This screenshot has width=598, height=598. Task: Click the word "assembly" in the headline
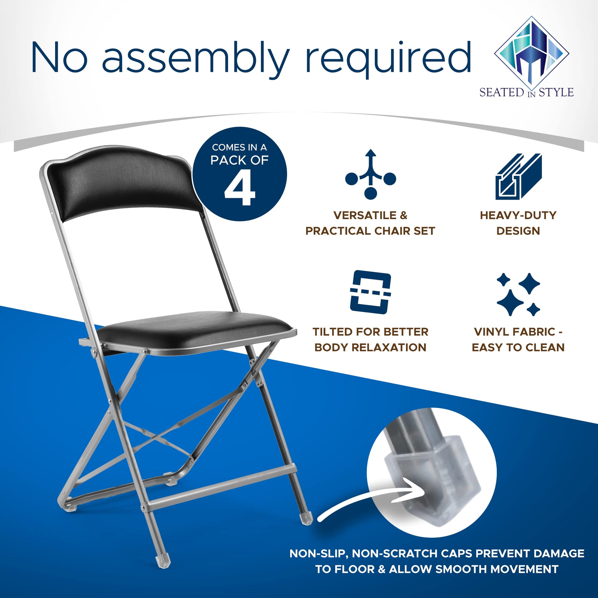(195, 59)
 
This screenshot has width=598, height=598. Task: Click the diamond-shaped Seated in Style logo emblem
(531, 51)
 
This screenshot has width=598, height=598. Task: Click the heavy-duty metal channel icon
(518, 176)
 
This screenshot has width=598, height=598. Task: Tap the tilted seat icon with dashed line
(370, 292)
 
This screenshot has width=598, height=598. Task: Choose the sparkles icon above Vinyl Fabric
(518, 294)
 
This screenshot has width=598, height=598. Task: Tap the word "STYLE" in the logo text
(556, 92)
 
